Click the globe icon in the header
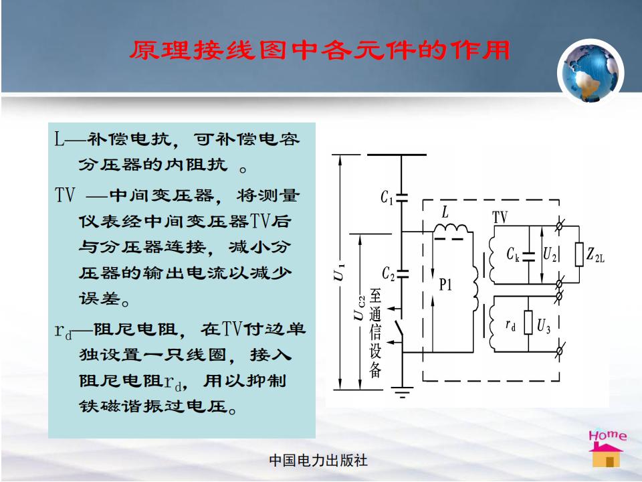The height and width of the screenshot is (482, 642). (x=590, y=72)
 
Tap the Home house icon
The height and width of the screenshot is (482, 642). (x=607, y=449)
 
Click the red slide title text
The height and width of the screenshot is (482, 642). (x=320, y=51)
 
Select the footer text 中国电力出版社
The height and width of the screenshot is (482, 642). (x=318, y=461)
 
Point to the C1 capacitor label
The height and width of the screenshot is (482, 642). (x=387, y=197)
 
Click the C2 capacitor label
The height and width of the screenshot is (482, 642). (x=388, y=274)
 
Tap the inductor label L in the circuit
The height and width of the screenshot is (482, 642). (x=445, y=212)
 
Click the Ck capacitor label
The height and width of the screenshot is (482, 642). (x=513, y=254)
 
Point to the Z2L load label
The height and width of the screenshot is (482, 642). (x=595, y=255)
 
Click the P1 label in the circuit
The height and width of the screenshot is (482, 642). (x=445, y=285)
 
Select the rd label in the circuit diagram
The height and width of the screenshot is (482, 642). (x=510, y=325)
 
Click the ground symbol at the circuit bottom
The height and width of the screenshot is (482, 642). (x=403, y=392)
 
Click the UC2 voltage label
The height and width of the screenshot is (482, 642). (x=359, y=308)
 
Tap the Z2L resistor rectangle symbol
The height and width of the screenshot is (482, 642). (x=579, y=254)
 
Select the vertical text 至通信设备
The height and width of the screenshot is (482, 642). (x=375, y=333)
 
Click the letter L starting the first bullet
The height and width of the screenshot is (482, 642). (x=60, y=139)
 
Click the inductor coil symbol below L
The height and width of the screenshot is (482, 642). (x=450, y=228)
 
